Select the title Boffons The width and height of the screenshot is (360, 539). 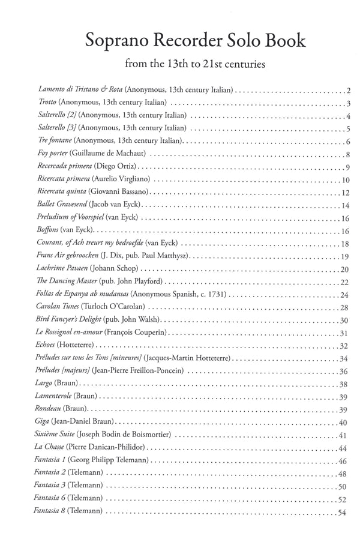click(x=49, y=230)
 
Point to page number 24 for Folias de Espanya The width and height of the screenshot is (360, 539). click(x=345, y=294)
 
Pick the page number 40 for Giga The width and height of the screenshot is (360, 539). click(x=345, y=422)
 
